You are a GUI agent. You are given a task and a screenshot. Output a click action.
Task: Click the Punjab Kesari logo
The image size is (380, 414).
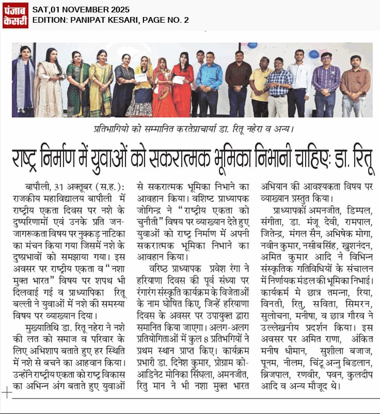coord(15,15)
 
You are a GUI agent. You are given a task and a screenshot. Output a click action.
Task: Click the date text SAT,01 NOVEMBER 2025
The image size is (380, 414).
coord(81,9)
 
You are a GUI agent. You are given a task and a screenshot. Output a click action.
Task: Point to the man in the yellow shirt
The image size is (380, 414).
coord(261,88)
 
